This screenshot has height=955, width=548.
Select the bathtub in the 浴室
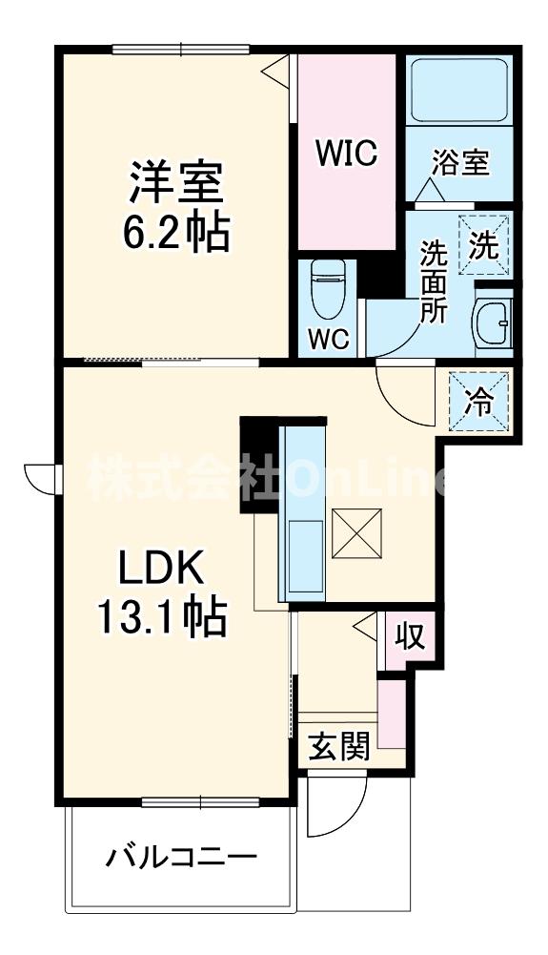point(459,91)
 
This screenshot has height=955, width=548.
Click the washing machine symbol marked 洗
point(484,245)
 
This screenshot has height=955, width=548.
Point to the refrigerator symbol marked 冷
point(478,402)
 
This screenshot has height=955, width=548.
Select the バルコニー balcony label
point(181,858)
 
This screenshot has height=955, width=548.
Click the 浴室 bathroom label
point(460,162)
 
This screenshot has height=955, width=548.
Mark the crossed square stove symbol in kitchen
point(357,533)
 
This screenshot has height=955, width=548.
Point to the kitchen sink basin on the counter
point(307,555)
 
